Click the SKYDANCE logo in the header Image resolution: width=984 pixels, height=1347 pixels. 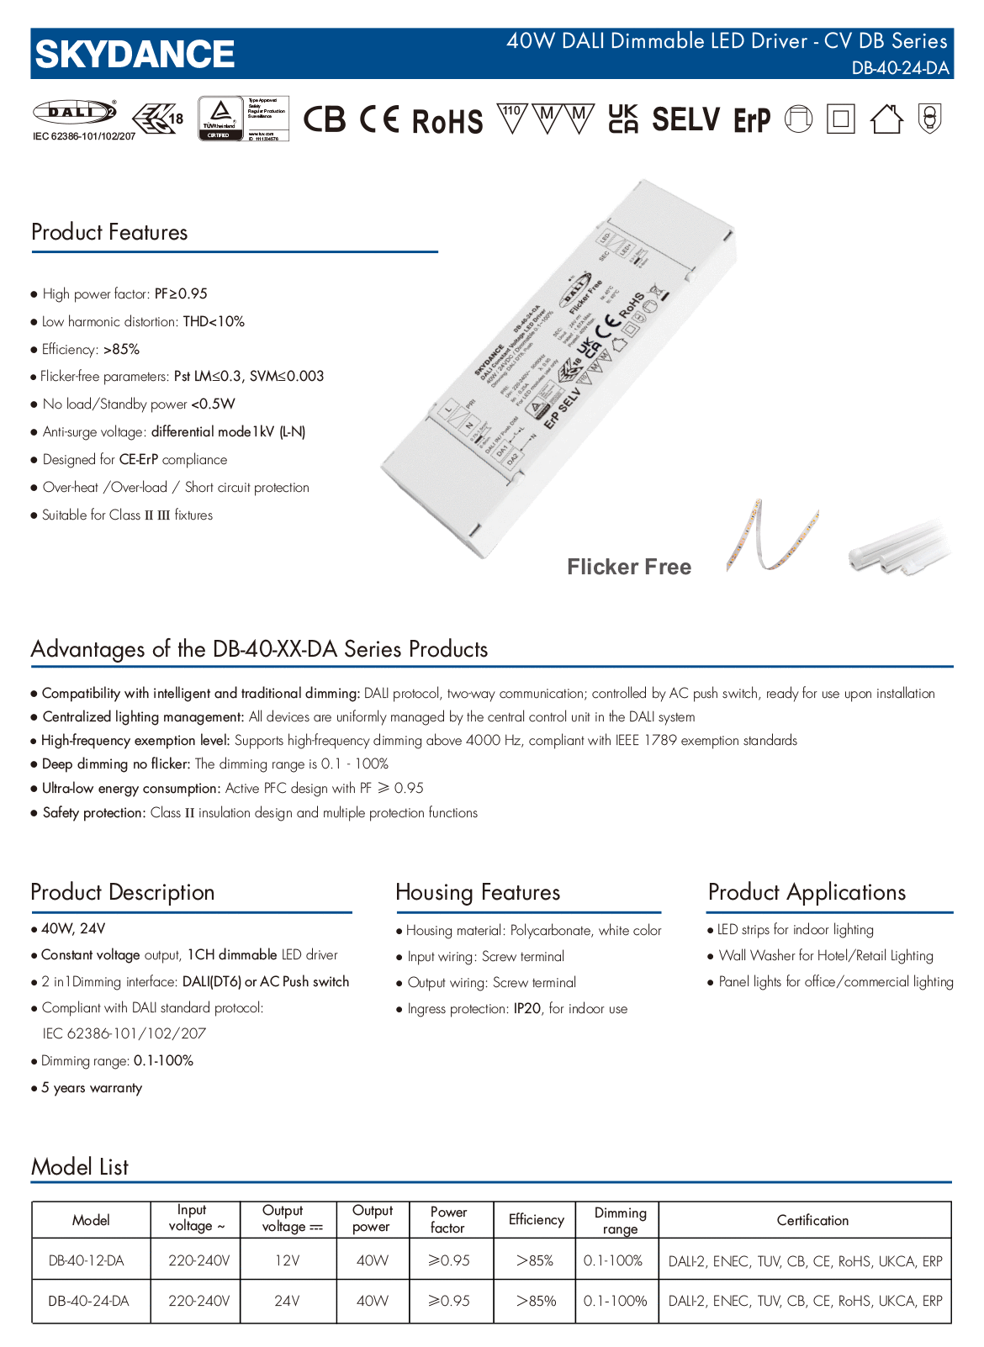[135, 55]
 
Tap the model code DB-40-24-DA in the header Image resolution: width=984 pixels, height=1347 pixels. [900, 68]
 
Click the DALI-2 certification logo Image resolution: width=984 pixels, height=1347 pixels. [74, 112]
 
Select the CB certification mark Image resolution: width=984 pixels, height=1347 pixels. [325, 119]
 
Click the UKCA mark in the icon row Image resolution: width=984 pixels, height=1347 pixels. [623, 119]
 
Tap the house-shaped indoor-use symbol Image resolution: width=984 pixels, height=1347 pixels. [886, 119]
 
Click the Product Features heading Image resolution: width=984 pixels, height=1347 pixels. [109, 232]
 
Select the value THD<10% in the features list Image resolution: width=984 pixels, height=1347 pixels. [214, 321]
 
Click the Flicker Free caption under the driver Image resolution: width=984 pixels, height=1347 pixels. [629, 567]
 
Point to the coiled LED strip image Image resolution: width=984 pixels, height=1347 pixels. [771, 536]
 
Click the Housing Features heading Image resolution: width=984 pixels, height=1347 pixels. [478, 892]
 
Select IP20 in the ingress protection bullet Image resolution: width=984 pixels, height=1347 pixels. [527, 1008]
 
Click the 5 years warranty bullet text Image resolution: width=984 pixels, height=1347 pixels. [92, 1087]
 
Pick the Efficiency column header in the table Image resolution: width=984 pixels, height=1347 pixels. [537, 1219]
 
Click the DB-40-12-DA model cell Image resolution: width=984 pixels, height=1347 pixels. [87, 1260]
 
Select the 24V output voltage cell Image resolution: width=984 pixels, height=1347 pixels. [287, 1301]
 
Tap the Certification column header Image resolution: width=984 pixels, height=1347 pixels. [812, 1220]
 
